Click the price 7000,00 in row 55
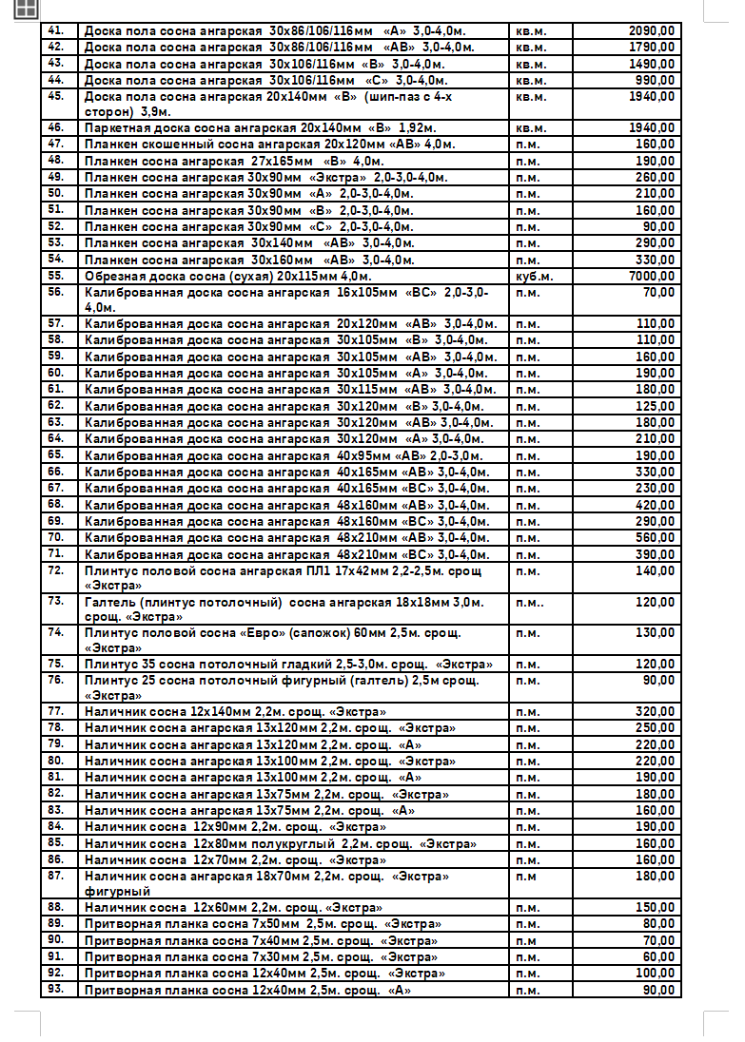[652, 276]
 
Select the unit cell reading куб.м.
[535, 276]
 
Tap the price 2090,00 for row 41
[652, 30]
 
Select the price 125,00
[655, 406]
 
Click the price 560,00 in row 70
[655, 537]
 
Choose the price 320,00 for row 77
[655, 711]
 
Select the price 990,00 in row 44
[656, 80]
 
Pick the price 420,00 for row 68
[655, 505]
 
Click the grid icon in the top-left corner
[26, 10]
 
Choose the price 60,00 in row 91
[658, 956]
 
